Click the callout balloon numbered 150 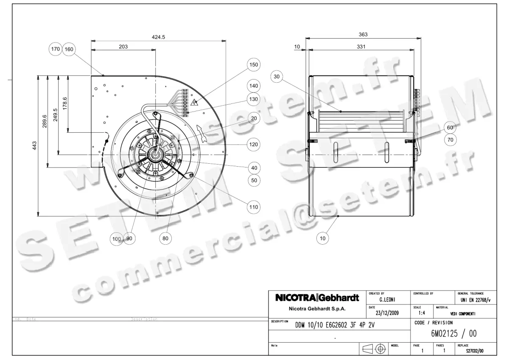254,65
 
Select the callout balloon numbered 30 277,77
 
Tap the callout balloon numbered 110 254,207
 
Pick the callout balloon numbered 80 165,238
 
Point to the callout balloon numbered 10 323,238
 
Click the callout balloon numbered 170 56,49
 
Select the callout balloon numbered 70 450,139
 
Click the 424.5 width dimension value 158,37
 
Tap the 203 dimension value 123,47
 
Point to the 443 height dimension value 35,146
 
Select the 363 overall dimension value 363,35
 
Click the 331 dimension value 361,47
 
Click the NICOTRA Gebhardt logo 317,298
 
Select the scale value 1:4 422,313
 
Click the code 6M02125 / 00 454,334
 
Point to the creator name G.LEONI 388,299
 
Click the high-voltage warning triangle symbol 195,102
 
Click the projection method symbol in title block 374,349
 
